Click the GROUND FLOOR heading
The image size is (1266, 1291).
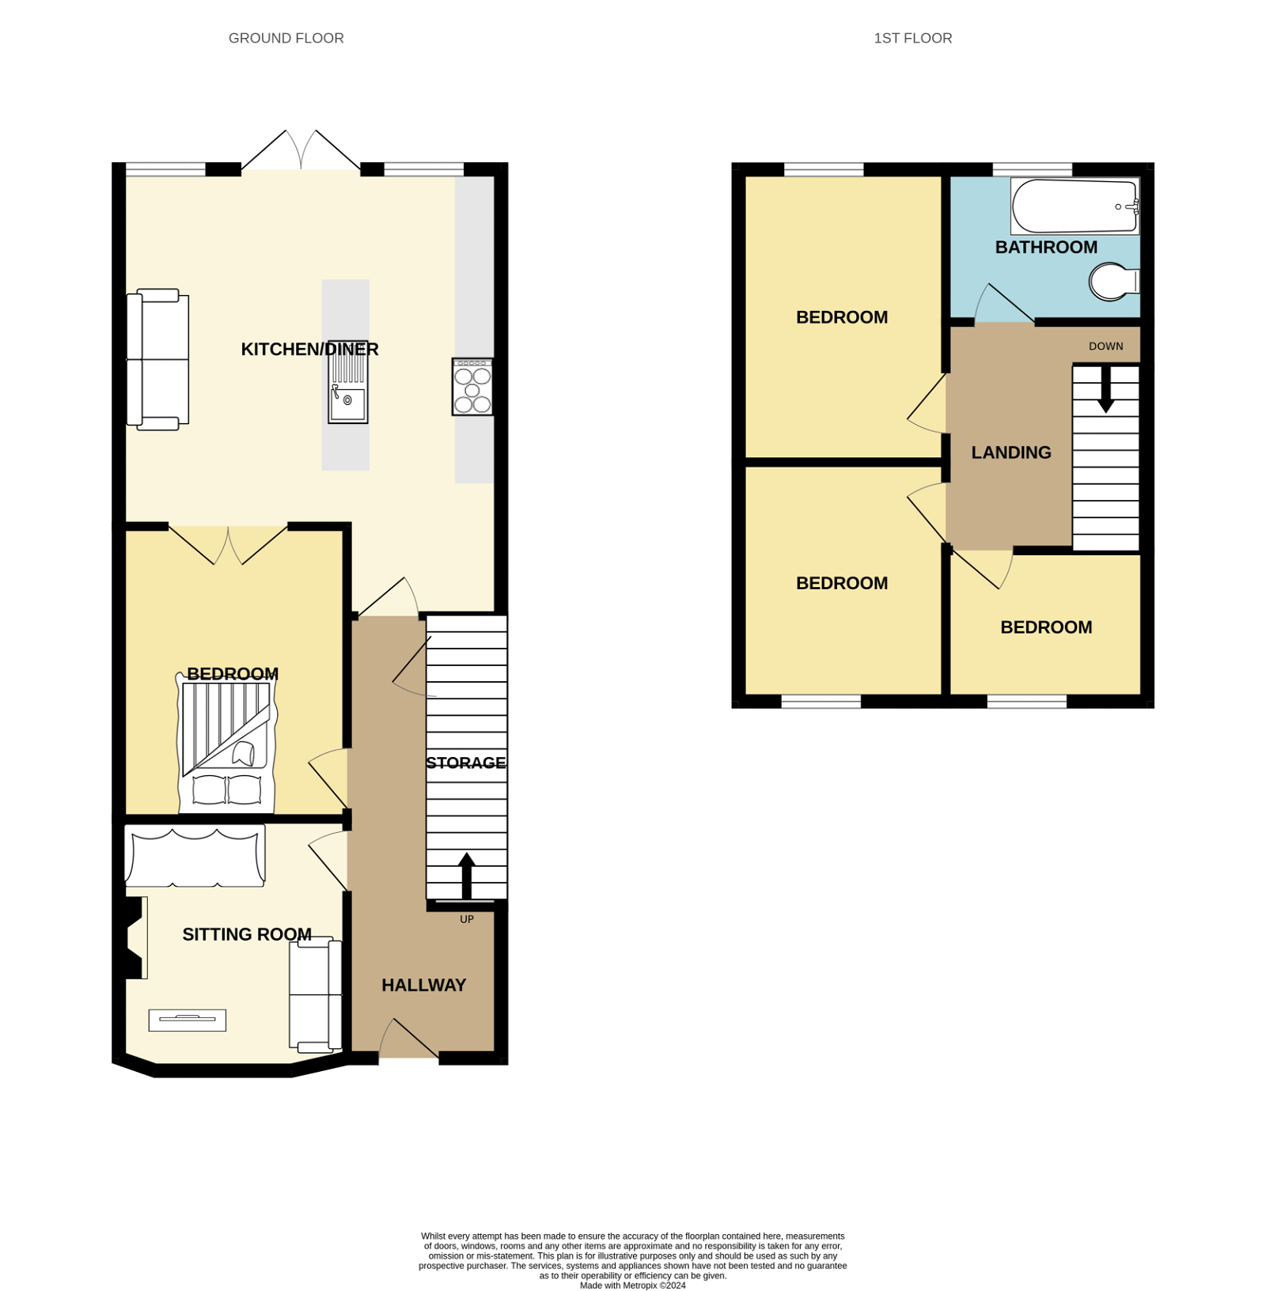(286, 38)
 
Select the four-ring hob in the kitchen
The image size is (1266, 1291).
(472, 387)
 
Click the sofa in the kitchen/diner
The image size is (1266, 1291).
(158, 359)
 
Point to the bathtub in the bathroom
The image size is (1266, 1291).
(1074, 206)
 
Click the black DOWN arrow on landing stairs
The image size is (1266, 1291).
(1105, 389)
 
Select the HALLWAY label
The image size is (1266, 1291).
(423, 985)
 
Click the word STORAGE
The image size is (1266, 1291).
(465, 763)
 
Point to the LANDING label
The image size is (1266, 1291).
(1010, 452)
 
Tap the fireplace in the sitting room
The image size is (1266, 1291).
(133, 937)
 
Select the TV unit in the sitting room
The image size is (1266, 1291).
(187, 1020)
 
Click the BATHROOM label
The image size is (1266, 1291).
(1045, 247)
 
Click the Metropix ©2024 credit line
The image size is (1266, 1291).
(632, 1285)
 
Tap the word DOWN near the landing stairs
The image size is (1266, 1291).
(1105, 346)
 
